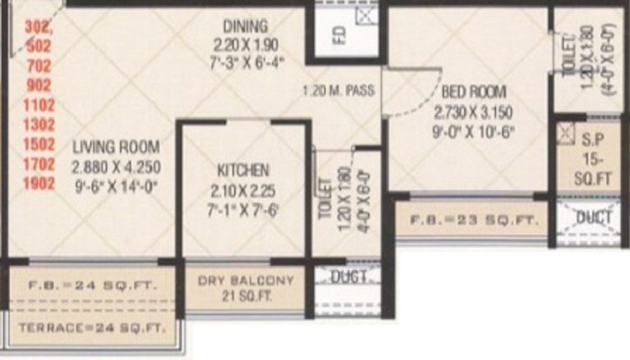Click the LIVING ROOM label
coord(116,147)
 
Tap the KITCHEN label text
coord(243,169)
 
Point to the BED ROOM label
coord(472,92)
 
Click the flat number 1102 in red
coord(36,104)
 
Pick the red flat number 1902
coord(36,184)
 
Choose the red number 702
coord(36,65)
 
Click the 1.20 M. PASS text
coord(339,91)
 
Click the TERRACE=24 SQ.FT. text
coord(92,328)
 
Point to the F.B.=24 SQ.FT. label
coord(92,285)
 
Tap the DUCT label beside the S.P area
coord(594,218)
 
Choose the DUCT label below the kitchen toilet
coord(349,277)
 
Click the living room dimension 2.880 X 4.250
coord(116,166)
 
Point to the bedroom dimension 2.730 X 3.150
coord(472,112)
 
